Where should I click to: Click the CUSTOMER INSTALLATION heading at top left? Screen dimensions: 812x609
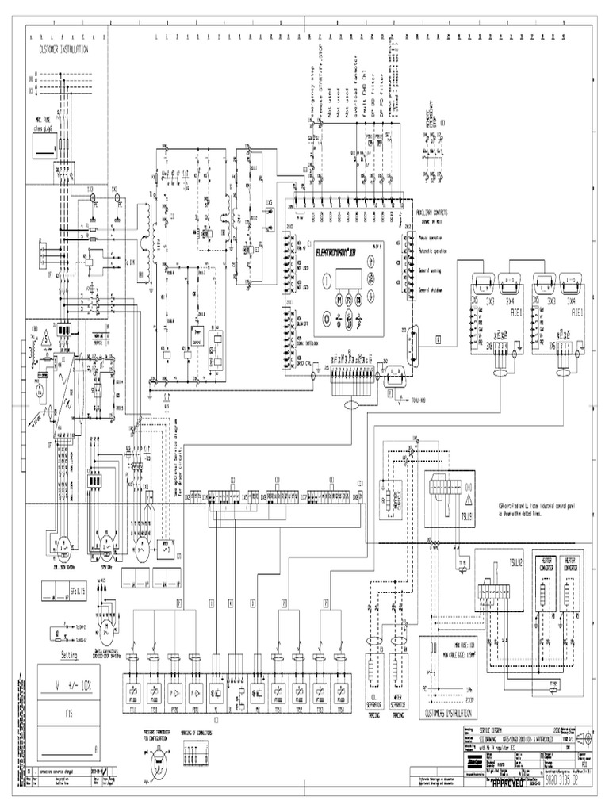point(63,49)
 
